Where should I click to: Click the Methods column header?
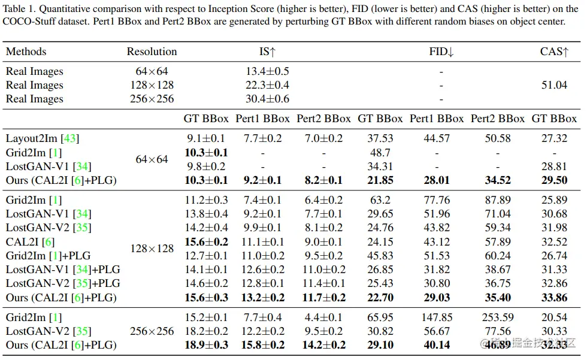coord(26,52)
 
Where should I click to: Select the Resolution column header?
coord(152,52)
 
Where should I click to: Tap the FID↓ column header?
coord(441,52)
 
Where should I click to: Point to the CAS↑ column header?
coord(554,52)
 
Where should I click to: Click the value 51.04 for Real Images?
coord(554,85)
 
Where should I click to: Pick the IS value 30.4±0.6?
coord(267,99)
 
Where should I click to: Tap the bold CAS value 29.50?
coord(554,180)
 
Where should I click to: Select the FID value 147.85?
coord(437,317)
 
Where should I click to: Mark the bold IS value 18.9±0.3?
coord(206,345)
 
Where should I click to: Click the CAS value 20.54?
coord(554,317)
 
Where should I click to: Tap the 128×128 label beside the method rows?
coord(152,249)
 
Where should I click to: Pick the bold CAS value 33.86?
coord(554,298)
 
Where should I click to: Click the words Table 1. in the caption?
coord(21,8)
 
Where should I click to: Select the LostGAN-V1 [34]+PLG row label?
coord(63,270)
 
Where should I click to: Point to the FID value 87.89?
coord(498,200)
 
